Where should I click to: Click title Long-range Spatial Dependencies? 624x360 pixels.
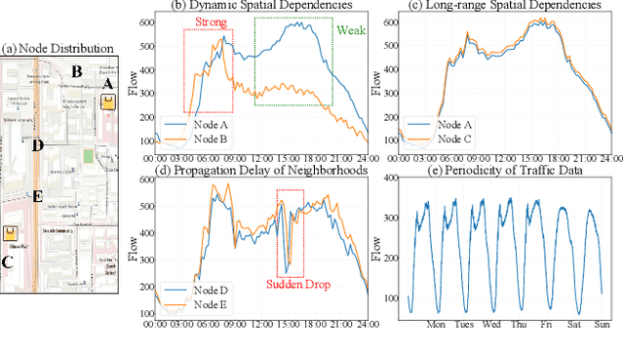[x=498, y=6]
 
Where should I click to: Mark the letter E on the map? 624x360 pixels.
[x=37, y=195]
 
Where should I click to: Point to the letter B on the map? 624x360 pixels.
[x=75, y=70]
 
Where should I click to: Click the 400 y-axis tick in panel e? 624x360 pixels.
[x=390, y=178]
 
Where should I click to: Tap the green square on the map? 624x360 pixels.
[x=89, y=155]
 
